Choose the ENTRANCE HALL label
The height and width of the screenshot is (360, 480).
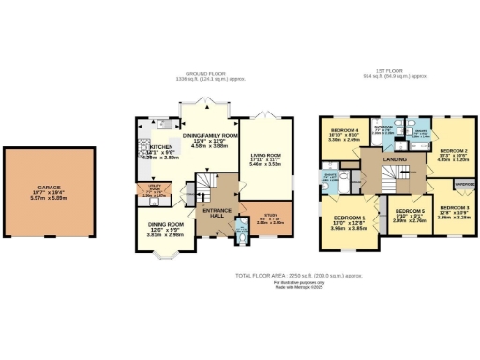coord(218,214)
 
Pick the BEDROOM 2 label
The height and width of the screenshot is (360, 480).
coord(454,150)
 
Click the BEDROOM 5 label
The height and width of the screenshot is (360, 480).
coord(411,212)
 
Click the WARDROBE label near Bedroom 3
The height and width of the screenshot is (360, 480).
coord(465,184)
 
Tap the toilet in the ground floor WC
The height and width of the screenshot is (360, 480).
coord(243,236)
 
